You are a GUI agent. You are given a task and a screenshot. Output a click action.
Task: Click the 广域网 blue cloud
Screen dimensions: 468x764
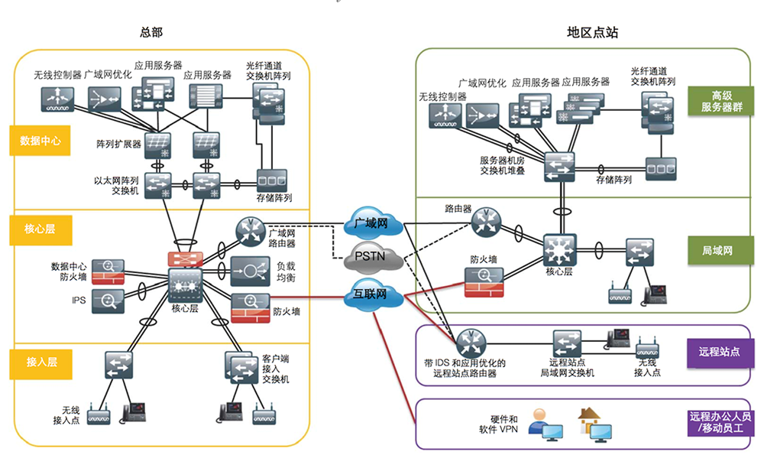coord(371,224)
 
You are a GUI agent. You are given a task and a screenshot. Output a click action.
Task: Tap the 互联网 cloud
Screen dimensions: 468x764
coord(371,293)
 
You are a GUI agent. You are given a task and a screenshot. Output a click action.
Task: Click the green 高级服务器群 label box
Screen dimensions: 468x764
coord(721,102)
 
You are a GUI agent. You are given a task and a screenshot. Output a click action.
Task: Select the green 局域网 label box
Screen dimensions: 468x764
coord(721,250)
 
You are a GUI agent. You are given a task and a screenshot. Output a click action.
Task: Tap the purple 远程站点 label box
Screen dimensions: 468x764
coord(720,352)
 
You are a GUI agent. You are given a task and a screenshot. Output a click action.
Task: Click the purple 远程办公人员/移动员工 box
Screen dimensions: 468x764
coord(720,423)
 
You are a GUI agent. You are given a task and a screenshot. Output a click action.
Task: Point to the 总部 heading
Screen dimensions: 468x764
coord(151,32)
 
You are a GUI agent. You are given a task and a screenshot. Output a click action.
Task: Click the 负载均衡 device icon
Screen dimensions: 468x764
coord(248,271)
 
